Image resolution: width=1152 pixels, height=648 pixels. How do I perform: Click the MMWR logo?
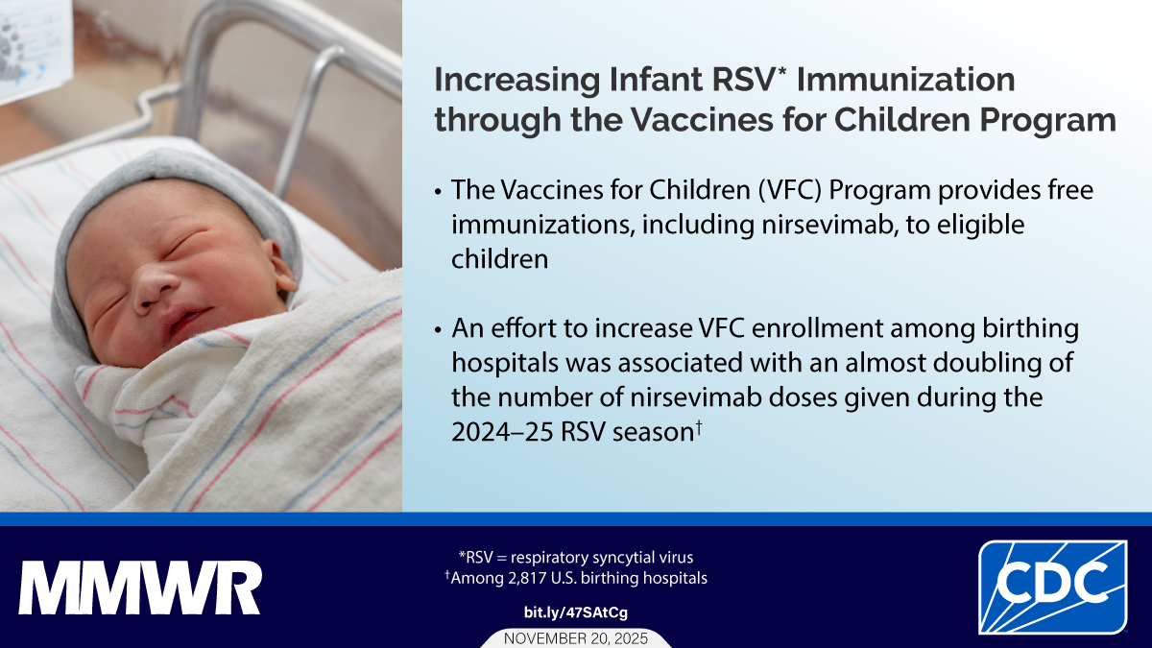(139, 588)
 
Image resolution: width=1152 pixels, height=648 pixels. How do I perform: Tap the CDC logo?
(1052, 587)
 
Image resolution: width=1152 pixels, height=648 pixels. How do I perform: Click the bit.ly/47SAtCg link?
(575, 612)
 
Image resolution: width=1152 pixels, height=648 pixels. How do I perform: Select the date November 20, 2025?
(575, 637)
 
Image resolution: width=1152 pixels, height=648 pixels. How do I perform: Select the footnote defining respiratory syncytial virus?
(575, 557)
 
